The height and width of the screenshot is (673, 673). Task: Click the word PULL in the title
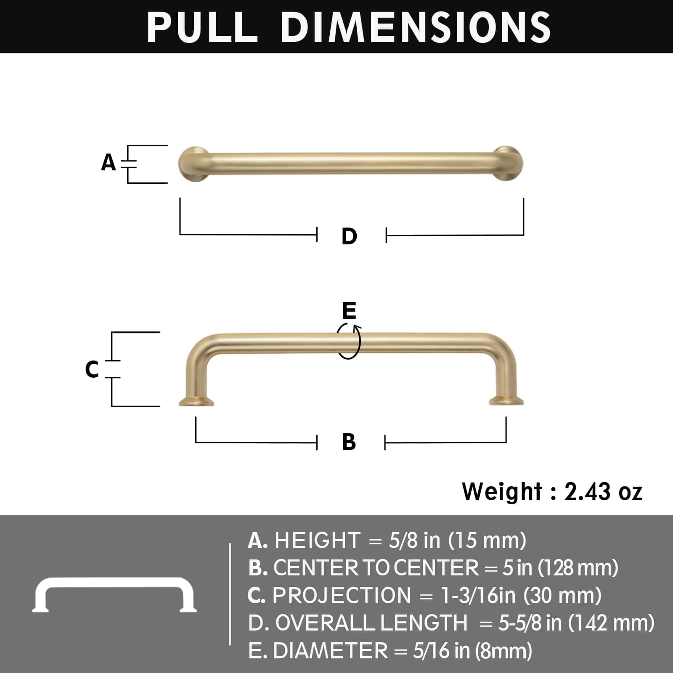point(202,27)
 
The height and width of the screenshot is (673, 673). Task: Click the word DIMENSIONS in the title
point(416,27)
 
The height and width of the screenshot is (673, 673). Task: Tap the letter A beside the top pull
point(108,162)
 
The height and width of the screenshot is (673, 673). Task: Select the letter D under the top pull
point(349,236)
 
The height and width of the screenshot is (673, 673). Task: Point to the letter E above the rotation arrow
point(349,311)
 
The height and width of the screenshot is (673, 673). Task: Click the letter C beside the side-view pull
point(92,369)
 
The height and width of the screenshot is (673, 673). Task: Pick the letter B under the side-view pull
point(349,442)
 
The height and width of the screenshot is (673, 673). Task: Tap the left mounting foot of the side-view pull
point(196,401)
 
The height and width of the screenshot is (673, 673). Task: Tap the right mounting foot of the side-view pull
point(506,401)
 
